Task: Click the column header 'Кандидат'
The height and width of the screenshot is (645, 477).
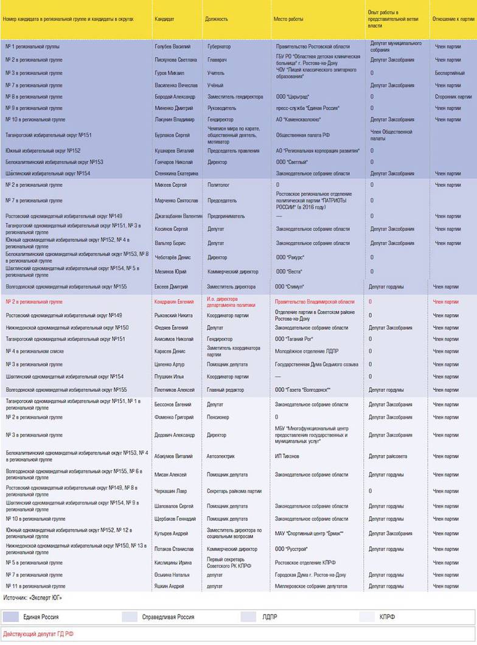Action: point(164,19)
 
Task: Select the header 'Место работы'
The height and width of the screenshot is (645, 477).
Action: point(288,19)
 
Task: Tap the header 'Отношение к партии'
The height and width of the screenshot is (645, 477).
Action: point(453,19)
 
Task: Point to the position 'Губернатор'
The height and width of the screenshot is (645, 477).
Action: point(220,46)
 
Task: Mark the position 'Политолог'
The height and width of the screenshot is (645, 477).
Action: point(218,184)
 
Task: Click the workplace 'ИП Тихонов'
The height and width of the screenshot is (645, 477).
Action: point(288,456)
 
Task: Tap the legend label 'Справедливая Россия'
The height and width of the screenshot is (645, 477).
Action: point(168,617)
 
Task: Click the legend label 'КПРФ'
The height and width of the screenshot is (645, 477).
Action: point(387,617)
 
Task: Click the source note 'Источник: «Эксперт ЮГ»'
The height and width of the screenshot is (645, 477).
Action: point(33,598)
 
